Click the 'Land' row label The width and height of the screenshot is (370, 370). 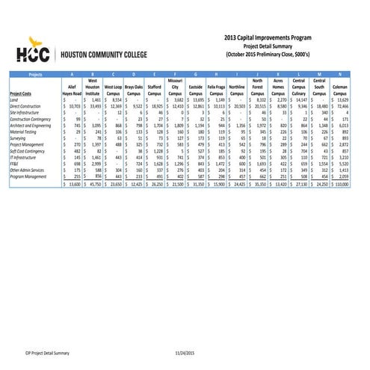point(14,99)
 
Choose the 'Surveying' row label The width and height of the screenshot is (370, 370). point(19,138)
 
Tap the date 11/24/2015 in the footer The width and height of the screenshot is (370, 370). point(185,351)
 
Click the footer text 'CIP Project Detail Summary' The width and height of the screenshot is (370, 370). point(48,351)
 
